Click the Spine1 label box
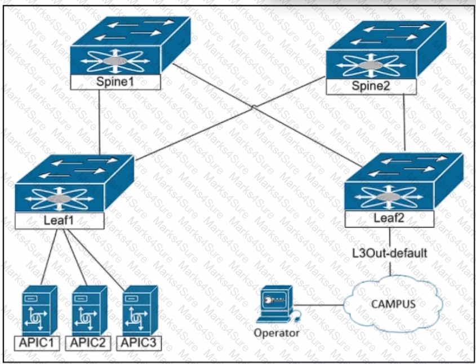click(x=115, y=82)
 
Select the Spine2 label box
click(x=371, y=86)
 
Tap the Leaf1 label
click(x=59, y=220)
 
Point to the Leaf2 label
click(x=389, y=218)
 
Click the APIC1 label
click(x=37, y=343)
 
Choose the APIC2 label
click(x=88, y=343)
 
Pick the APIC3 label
click(x=139, y=343)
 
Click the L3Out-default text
click(x=390, y=253)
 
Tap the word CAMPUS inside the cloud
click(x=393, y=304)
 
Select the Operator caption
click(x=277, y=333)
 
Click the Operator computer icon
click(x=278, y=304)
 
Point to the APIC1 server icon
click(x=40, y=310)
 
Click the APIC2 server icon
click(x=90, y=310)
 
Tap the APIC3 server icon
click(x=140, y=310)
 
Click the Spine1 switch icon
click(x=131, y=45)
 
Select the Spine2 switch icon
click(x=386, y=50)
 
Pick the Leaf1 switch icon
click(x=75, y=184)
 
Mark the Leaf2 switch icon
click(x=404, y=181)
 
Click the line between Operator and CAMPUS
click(x=319, y=305)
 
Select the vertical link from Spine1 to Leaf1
click(x=100, y=122)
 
